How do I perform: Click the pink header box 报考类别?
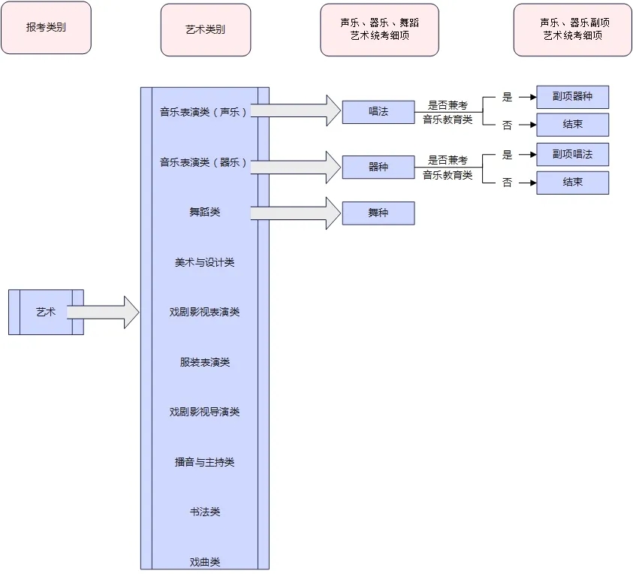(46, 28)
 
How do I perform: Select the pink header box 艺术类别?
(205, 30)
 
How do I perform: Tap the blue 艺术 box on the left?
(46, 312)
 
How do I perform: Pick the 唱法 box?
(378, 112)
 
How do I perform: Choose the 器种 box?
(378, 167)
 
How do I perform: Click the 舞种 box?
(378, 213)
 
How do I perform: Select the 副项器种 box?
(572, 97)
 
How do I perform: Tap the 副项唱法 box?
(572, 154)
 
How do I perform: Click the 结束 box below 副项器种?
(572, 125)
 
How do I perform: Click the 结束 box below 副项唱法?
(572, 183)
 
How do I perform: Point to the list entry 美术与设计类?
(204, 262)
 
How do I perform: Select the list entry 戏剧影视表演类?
(204, 312)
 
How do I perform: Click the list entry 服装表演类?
(204, 362)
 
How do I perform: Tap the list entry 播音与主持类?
(204, 462)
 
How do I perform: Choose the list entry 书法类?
(204, 512)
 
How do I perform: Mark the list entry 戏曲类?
(204, 561)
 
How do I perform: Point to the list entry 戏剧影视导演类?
(204, 412)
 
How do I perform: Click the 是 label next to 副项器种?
(507, 97)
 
